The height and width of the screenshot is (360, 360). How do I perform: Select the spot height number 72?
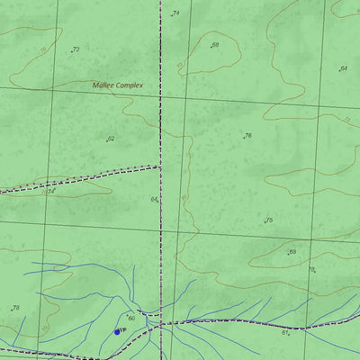click(76, 49)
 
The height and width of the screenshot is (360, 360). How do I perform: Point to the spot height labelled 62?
click(111, 139)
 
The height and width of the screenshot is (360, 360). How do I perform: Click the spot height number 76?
click(247, 136)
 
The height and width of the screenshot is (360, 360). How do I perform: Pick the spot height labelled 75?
click(268, 220)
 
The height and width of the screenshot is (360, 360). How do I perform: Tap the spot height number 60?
click(130, 318)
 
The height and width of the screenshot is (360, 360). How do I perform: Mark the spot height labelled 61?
click(284, 332)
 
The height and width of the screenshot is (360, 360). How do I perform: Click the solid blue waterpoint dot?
click(117, 331)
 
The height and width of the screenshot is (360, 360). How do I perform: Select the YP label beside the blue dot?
click(123, 331)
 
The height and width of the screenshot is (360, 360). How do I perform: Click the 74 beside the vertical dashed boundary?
click(175, 13)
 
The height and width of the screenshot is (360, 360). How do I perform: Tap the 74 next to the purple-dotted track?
click(51, 191)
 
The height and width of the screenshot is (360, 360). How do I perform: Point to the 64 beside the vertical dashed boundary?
click(154, 199)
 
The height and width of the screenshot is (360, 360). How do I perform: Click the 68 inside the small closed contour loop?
click(215, 44)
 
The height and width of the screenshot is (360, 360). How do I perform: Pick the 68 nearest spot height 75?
click(292, 252)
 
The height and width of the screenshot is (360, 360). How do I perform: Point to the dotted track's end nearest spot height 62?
click(160, 166)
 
